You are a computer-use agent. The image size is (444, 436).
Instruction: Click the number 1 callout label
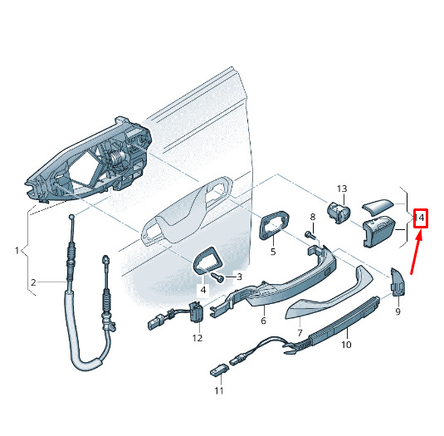click(x=17, y=251)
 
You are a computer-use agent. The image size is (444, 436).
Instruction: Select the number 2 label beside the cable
click(x=33, y=282)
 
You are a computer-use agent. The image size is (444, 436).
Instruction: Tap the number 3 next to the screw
click(x=240, y=277)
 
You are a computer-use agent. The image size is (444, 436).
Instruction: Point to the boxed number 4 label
click(x=203, y=290)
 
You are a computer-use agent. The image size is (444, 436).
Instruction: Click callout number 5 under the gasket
click(x=273, y=252)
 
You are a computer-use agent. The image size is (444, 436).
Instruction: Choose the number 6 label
click(x=264, y=321)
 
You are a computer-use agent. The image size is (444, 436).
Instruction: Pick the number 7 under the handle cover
click(x=300, y=332)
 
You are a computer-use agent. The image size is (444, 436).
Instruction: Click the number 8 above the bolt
click(x=313, y=217)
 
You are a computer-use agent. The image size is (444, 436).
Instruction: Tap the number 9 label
click(x=398, y=311)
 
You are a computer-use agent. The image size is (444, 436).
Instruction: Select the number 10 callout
click(x=346, y=345)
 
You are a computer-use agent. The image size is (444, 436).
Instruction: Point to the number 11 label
click(x=219, y=390)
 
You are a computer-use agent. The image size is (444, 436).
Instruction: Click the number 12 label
click(x=198, y=338)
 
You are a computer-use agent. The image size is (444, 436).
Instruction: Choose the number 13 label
click(x=342, y=189)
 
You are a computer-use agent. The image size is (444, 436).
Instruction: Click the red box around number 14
click(x=421, y=218)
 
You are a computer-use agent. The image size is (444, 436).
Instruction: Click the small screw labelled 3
click(x=218, y=277)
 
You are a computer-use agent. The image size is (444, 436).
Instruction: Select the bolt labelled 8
click(x=310, y=234)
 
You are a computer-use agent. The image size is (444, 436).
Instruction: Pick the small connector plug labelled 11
click(x=219, y=370)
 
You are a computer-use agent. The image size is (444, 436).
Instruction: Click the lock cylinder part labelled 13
click(x=339, y=213)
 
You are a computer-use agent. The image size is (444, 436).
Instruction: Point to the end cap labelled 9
click(x=398, y=282)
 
